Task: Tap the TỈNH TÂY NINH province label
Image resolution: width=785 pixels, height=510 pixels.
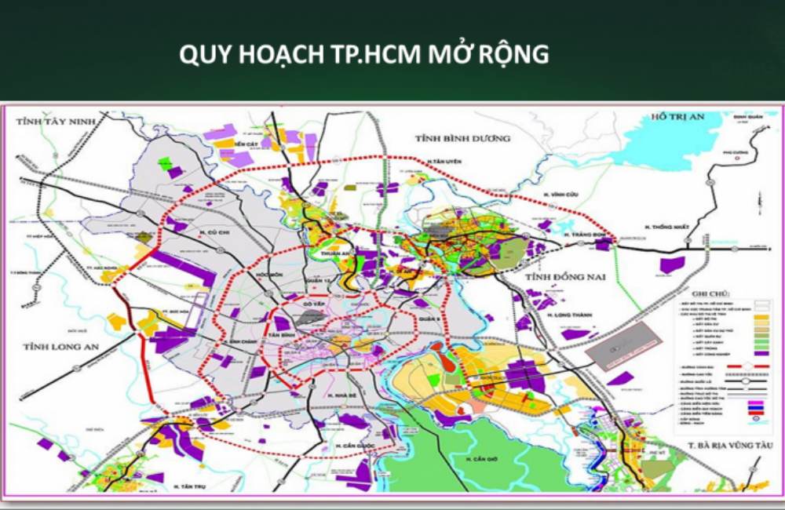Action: (x=51, y=122)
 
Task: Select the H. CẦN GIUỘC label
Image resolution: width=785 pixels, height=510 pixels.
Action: (x=352, y=446)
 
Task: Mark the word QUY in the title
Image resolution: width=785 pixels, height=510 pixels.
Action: (x=203, y=55)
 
